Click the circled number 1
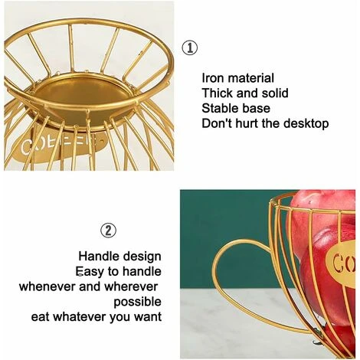[x=189, y=48]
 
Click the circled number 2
[x=109, y=229]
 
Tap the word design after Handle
[x=141, y=256]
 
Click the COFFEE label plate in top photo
[x=57, y=145]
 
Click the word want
[x=146, y=316]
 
